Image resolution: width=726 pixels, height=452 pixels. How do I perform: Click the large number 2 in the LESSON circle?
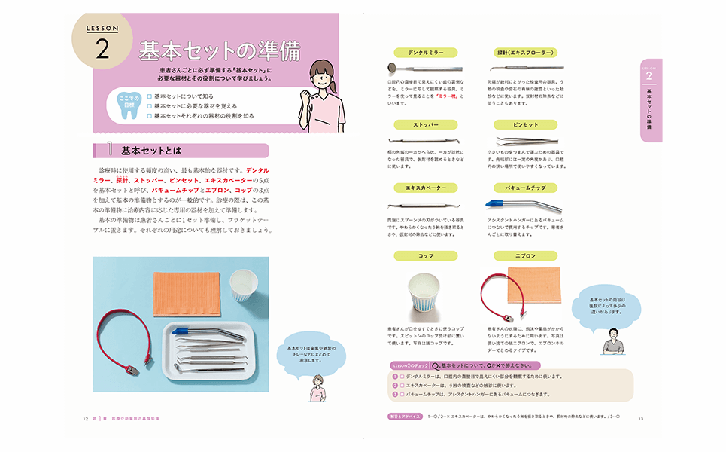point(104,50)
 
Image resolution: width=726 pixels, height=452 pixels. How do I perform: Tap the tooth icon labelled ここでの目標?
point(128,105)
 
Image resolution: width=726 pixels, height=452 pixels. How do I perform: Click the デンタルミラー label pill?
point(424,53)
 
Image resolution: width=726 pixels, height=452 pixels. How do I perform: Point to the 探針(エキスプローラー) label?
point(526,53)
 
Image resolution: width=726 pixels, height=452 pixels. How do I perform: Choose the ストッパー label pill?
point(425,124)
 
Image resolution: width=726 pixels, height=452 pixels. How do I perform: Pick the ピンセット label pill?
point(526,124)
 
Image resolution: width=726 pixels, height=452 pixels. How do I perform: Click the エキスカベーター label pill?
point(425,187)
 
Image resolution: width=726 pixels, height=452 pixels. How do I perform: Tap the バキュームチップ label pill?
point(526,187)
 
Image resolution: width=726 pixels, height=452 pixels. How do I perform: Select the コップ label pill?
point(425,256)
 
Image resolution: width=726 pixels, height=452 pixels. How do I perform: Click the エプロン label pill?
point(526,256)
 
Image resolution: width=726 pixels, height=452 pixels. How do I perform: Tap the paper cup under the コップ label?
point(425,297)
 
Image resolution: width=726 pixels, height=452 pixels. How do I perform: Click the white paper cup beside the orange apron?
point(241,286)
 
